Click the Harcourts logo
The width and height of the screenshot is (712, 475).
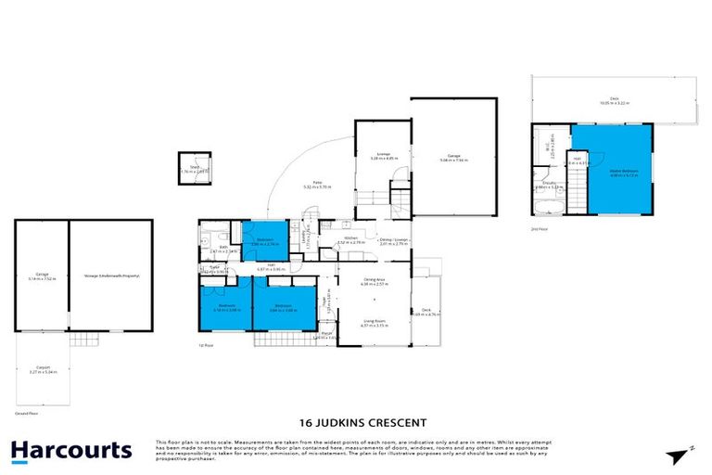(x=71, y=451)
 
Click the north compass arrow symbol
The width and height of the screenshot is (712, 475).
(x=680, y=455)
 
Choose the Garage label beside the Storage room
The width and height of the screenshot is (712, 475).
(x=42, y=276)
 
